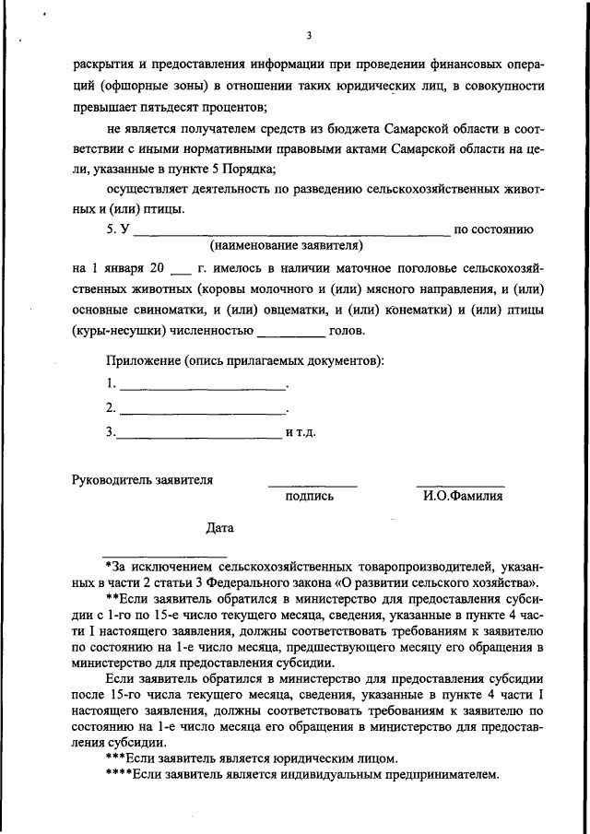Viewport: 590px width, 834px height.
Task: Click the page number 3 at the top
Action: click(x=310, y=36)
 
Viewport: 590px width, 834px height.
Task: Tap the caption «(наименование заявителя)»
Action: click(x=286, y=246)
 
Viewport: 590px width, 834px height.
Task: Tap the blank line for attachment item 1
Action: click(x=203, y=385)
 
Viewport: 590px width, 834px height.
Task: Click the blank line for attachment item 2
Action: click(x=203, y=410)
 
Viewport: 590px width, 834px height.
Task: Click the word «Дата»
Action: click(x=220, y=528)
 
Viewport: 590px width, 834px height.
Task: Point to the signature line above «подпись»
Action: click(x=313, y=485)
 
